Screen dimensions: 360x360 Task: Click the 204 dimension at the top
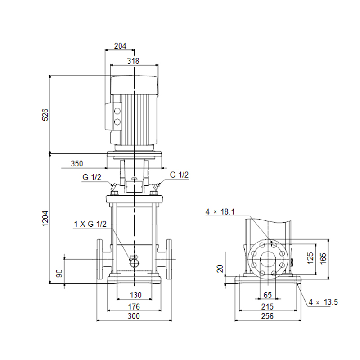tap(120, 46)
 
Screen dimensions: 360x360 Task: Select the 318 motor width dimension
tap(133, 61)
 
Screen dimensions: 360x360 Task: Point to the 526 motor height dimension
tap(45, 115)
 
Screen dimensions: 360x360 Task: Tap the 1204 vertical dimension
tap(45, 219)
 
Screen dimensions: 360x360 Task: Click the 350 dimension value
tap(76, 164)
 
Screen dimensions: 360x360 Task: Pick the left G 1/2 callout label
tap(92, 177)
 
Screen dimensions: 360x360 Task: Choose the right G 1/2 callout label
tap(179, 175)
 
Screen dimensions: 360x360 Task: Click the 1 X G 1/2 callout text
tap(90, 224)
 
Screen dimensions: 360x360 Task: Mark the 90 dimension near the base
tap(59, 273)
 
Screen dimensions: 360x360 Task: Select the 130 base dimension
tap(135, 295)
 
